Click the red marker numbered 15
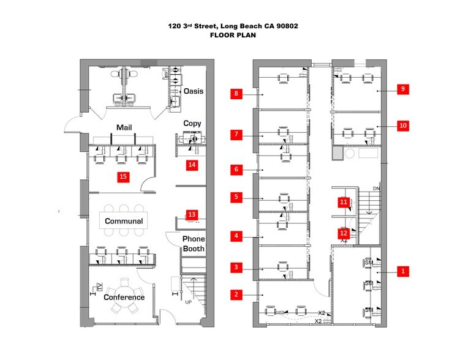coord(123,176)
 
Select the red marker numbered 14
coord(192,165)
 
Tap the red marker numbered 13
coord(192,214)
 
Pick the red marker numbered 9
coord(402,89)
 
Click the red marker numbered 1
coord(402,270)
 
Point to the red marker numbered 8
coord(235,94)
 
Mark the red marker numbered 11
coord(344,201)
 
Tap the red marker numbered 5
coord(235,197)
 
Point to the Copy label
coord(192,123)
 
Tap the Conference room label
coord(124,298)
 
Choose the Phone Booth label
coord(194,244)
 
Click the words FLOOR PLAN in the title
coord(233,36)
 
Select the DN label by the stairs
coord(377,189)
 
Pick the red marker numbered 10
coord(402,126)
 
